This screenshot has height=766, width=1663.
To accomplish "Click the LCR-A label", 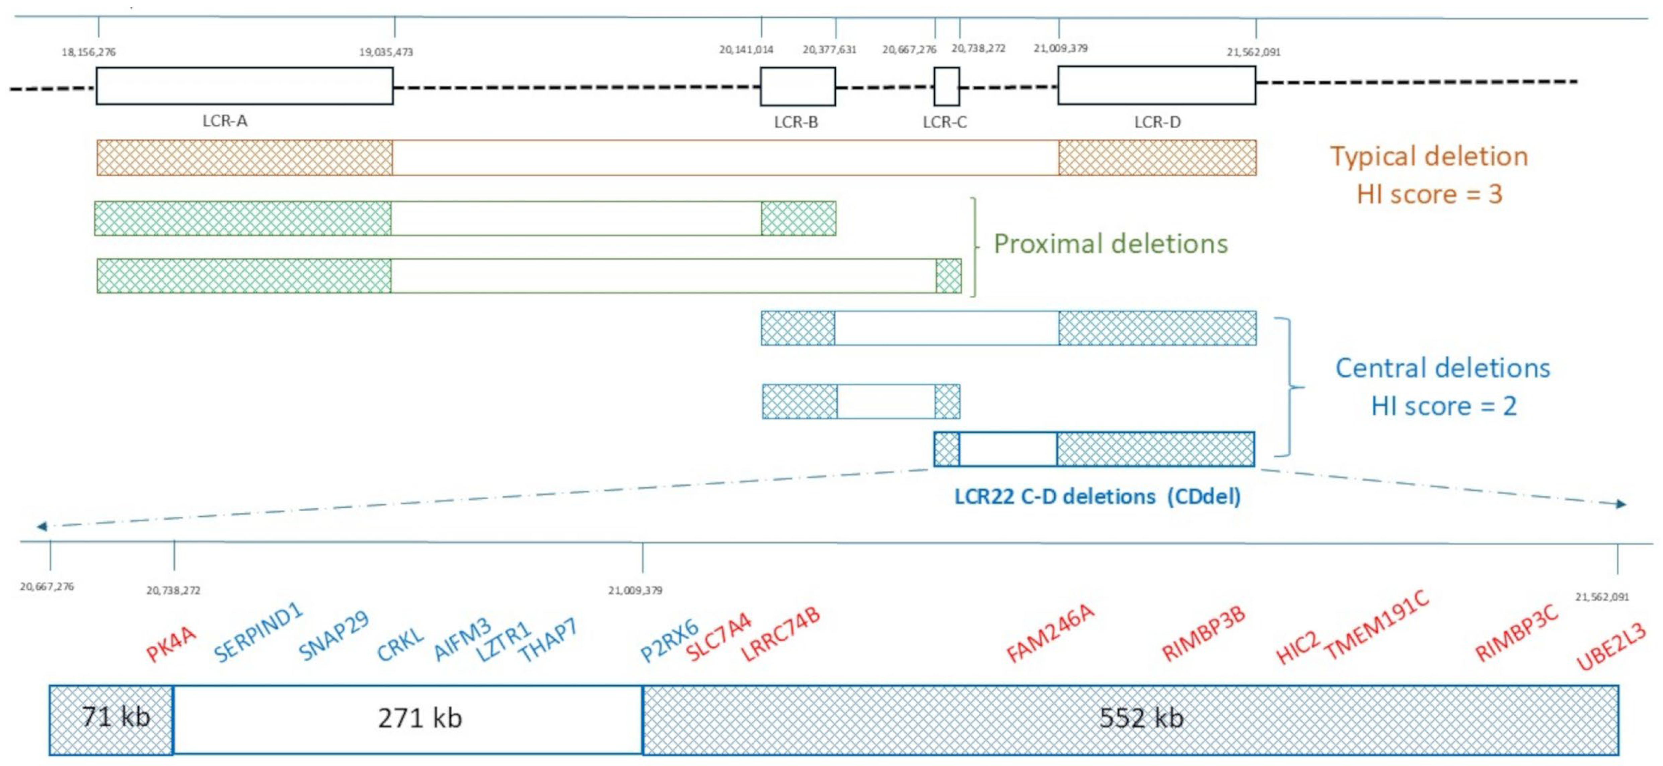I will (x=225, y=121).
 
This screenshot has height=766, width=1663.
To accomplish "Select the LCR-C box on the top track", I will (x=947, y=86).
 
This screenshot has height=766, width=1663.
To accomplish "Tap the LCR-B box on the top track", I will (x=797, y=86).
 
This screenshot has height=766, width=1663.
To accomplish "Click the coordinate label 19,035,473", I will (x=386, y=52).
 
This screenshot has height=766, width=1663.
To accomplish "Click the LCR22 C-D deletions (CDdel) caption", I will (x=1098, y=497).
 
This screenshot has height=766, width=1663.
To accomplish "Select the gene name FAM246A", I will (x=1050, y=634).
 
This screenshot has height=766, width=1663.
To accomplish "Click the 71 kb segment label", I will (x=116, y=717).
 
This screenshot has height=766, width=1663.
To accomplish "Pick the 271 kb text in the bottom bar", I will (x=420, y=718).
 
